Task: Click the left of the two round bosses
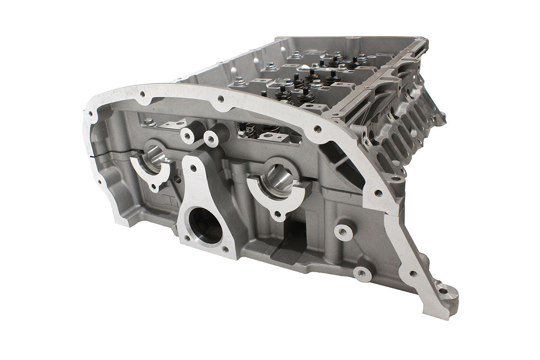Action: tap(188, 135)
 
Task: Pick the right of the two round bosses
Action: tap(211, 139)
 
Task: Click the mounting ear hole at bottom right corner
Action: tap(443, 291)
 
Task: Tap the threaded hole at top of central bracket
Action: tap(193, 168)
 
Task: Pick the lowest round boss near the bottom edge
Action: tap(362, 273)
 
